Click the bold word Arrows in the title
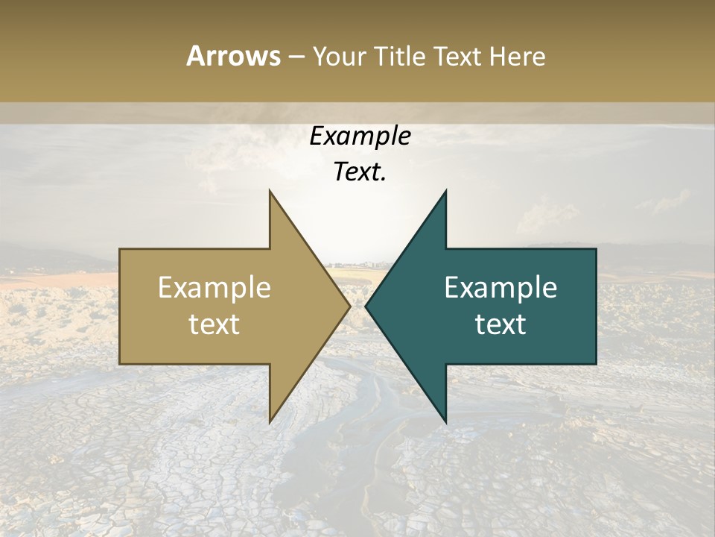[234, 56]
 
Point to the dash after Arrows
[296, 57]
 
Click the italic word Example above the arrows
[360, 136]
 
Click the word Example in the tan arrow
[214, 288]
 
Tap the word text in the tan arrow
[214, 324]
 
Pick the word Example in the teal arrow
[500, 288]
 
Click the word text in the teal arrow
[500, 324]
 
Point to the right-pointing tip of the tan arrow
[349, 306]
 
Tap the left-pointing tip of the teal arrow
[366, 306]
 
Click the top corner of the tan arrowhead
[270, 191]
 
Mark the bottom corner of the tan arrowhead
[270, 422]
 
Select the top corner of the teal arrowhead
[445, 191]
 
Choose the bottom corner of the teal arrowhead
[445, 422]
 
